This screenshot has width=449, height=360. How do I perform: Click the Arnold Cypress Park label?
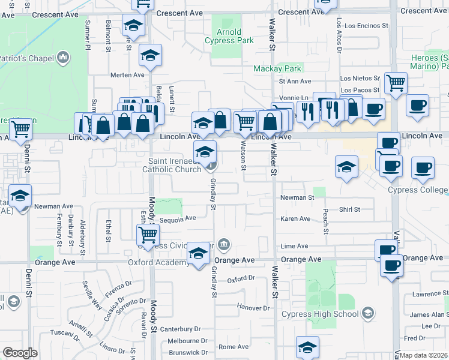click(229, 36)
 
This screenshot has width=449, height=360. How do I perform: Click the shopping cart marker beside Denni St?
click(20, 128)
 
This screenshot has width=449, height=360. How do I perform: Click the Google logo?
click(20, 353)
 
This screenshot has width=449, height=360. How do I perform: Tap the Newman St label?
click(297, 197)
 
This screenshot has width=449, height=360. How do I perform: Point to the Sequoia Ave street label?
click(182, 219)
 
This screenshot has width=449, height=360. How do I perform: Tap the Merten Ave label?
click(128, 75)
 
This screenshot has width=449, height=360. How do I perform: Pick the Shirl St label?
click(349, 209)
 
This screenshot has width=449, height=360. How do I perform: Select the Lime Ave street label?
click(294, 246)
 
